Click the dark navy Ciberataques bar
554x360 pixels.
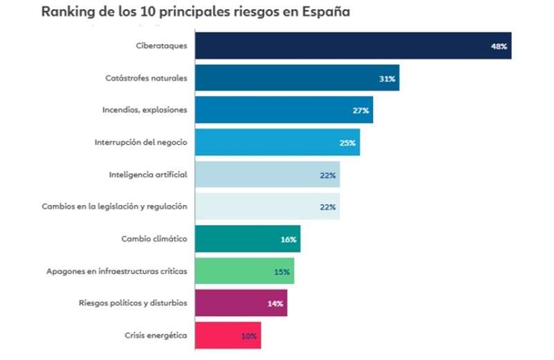coord(353,46)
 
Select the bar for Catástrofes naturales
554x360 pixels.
coord(297,78)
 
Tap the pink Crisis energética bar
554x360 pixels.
coord(228,336)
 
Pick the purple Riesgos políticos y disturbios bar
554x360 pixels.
coord(241,303)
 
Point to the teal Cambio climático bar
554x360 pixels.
coord(247,239)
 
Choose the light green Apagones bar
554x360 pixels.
coord(244,271)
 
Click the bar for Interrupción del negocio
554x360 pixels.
coord(277,143)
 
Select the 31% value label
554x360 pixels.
coord(387,79)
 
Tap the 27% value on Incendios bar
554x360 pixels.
coord(361,111)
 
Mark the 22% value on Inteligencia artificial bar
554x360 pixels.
coord(328,175)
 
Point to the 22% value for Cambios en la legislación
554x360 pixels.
coord(328,207)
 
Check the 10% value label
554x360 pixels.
coord(249,336)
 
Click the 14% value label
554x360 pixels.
coord(276,304)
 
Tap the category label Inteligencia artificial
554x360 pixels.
coord(148,174)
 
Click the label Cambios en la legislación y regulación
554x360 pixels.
coord(114,206)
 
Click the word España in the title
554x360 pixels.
coord(325,12)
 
